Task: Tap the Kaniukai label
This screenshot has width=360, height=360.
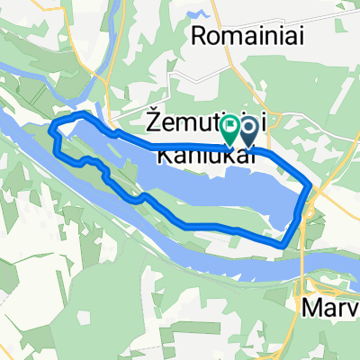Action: [x=203, y=156]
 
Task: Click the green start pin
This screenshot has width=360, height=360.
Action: [x=230, y=130]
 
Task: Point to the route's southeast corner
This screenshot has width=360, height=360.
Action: [x=284, y=244]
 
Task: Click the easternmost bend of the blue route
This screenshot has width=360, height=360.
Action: [x=311, y=186]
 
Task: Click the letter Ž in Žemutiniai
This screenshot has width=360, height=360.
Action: [x=153, y=119]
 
